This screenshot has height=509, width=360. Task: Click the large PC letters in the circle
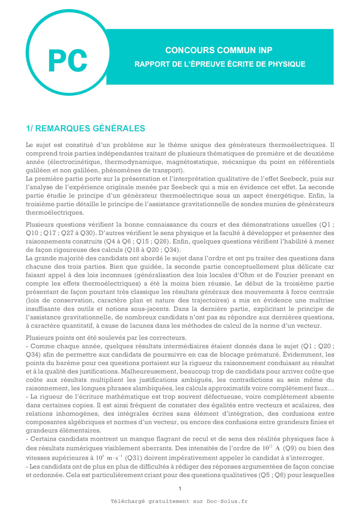[x=68, y=61]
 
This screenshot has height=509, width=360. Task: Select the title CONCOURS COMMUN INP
[x=219, y=50]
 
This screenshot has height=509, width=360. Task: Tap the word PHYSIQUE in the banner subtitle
[x=287, y=64]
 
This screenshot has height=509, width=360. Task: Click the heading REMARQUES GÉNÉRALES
[x=90, y=129]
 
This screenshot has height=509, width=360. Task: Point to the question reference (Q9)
[x=289, y=448]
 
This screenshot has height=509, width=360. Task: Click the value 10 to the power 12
[x=267, y=448]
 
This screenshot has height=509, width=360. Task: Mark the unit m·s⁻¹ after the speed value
[x=114, y=458]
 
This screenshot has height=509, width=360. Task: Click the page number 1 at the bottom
[x=180, y=488]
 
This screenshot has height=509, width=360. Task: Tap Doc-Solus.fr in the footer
[x=227, y=501]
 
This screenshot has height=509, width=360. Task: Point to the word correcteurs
[x=168, y=337]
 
